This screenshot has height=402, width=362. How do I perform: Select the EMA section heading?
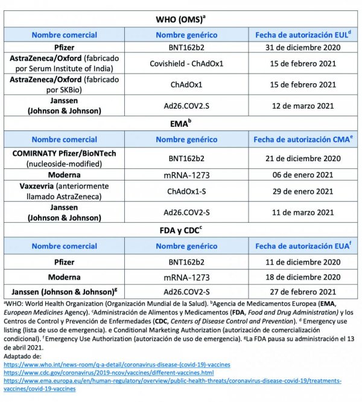click(x=180, y=123)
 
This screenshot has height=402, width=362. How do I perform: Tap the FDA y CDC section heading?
click(x=180, y=229)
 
